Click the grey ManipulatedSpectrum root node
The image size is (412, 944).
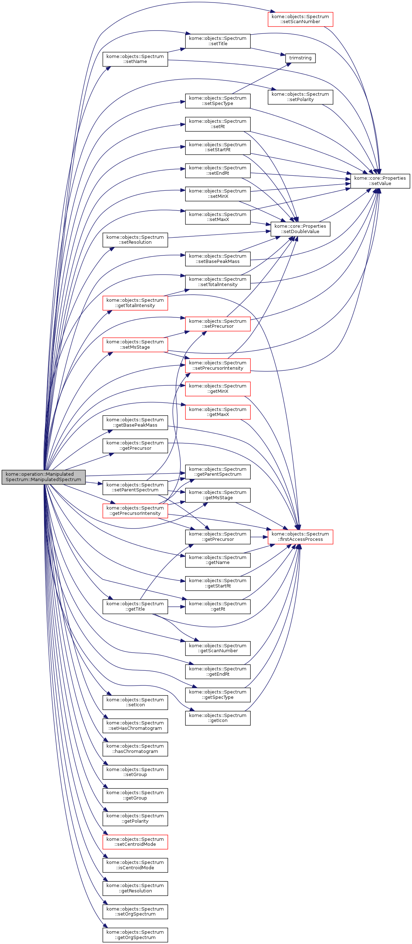43,477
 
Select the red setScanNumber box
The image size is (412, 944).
300,19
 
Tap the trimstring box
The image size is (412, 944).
300,58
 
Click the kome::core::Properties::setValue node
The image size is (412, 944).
380,181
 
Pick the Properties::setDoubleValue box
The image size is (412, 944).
300,229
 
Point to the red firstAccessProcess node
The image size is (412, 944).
300,537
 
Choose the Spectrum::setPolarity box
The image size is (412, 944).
300,97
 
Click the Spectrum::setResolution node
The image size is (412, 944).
135,240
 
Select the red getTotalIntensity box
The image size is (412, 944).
135,303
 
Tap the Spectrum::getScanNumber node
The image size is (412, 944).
218,648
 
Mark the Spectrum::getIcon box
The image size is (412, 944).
218,718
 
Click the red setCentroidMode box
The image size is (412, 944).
135,842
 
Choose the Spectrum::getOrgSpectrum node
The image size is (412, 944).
135,935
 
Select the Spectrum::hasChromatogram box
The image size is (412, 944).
135,749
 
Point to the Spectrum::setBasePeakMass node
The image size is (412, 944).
218,259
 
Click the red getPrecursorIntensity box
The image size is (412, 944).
135,511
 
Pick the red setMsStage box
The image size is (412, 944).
135,344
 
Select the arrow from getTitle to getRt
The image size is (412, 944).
177,607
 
